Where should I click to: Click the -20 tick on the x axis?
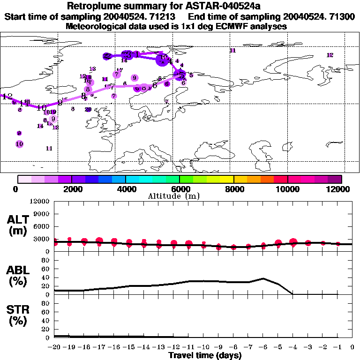click(54, 347)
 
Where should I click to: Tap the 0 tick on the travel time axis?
click(352, 347)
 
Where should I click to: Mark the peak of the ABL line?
click(263, 278)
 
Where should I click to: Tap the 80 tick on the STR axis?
click(45, 303)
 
